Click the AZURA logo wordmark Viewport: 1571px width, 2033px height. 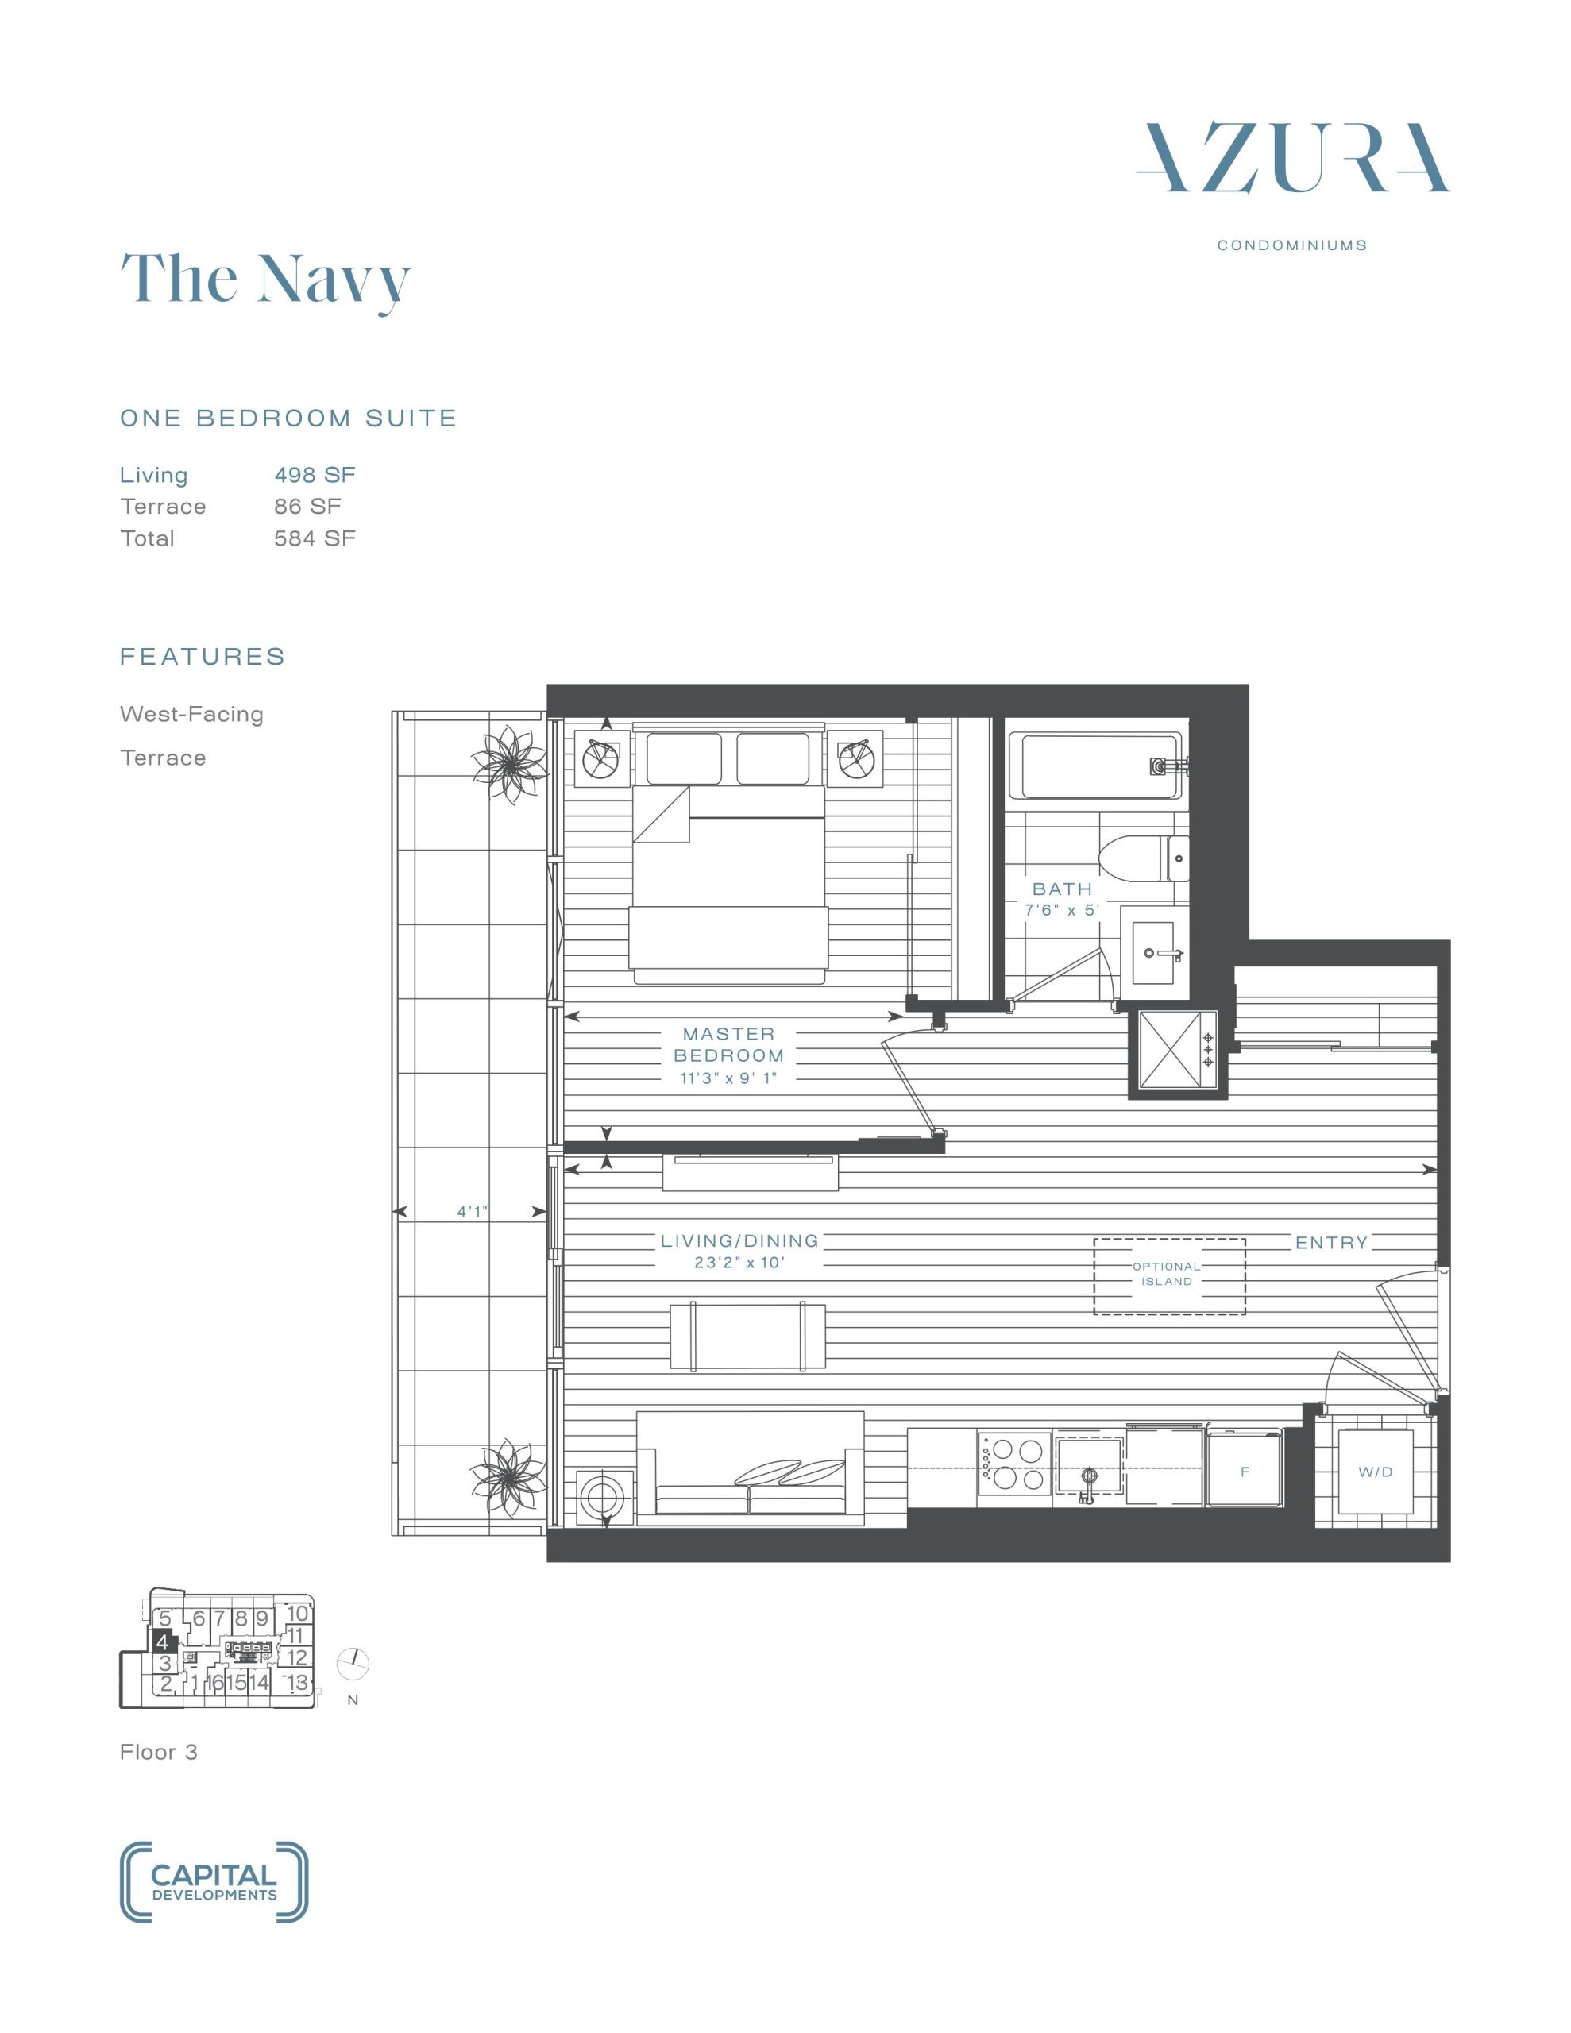point(1292,157)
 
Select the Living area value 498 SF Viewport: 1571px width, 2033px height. point(315,475)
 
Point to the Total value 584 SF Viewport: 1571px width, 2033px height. point(315,538)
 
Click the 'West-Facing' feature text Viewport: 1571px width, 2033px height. point(192,714)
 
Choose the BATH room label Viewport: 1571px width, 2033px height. point(1063,889)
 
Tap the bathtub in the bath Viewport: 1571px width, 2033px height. point(1101,767)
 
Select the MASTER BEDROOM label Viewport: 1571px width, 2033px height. point(728,1044)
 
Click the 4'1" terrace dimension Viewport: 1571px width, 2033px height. point(472,1212)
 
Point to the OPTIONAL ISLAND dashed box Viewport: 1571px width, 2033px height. point(1168,1276)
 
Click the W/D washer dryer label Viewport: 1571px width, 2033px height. point(1376,1472)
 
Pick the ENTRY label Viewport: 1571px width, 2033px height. point(1332,1243)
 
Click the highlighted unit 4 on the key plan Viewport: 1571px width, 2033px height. point(162,1642)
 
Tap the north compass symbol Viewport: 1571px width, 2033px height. point(354,1662)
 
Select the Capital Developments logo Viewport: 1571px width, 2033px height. point(214,1882)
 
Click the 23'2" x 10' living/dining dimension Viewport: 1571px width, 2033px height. point(739,1263)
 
